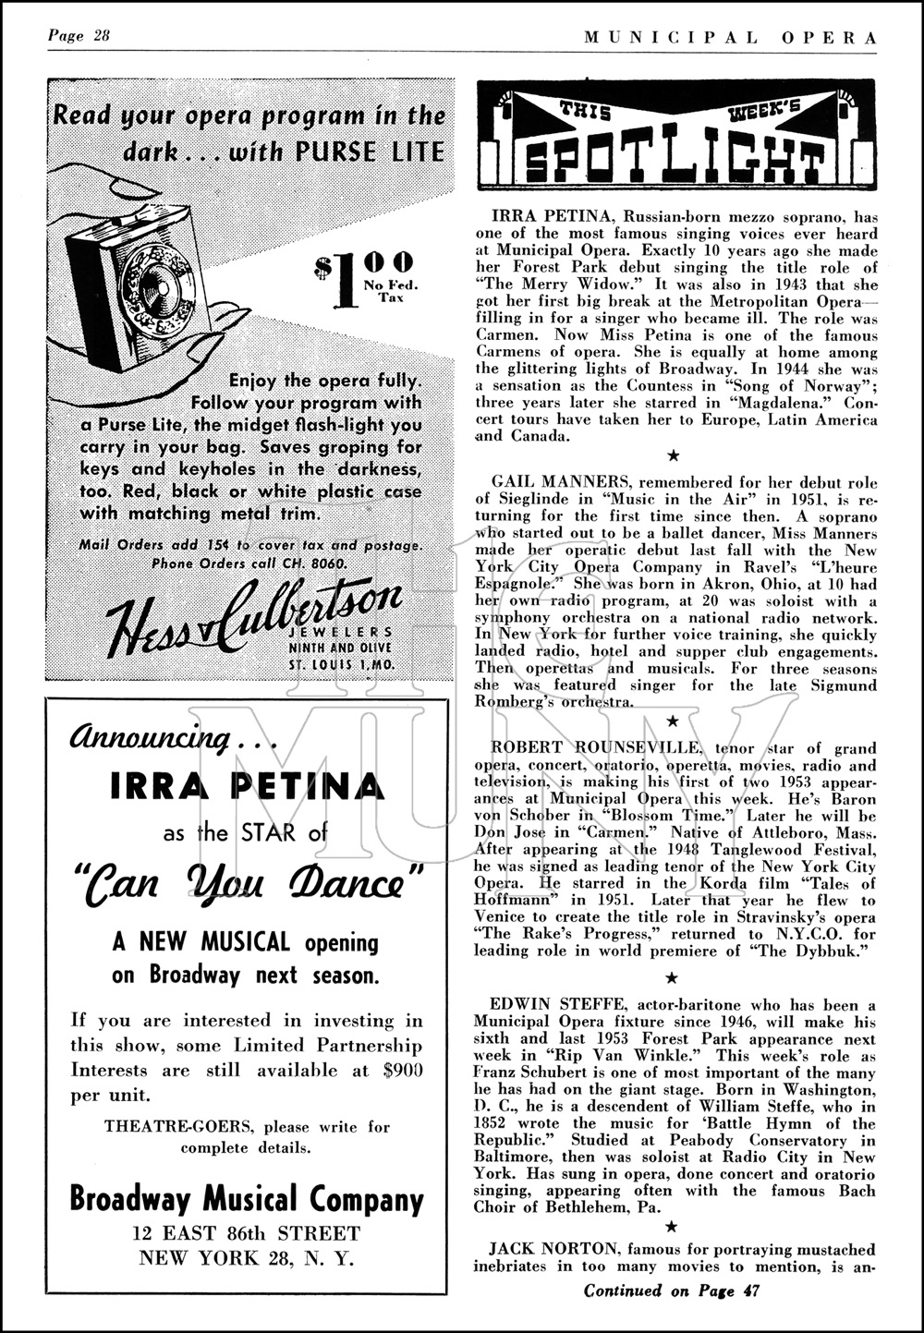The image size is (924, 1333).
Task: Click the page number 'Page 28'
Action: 79,36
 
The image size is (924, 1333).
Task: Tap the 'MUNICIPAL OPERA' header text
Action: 730,37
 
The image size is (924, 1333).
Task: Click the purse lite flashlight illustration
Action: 139,277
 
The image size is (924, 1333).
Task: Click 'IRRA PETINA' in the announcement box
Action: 247,786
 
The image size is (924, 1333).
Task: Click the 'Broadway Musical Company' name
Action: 247,1199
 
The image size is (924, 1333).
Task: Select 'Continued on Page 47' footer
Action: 671,1291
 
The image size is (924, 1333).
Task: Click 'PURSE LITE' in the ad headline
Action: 370,151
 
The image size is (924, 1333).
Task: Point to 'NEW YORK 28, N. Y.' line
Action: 247,1257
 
